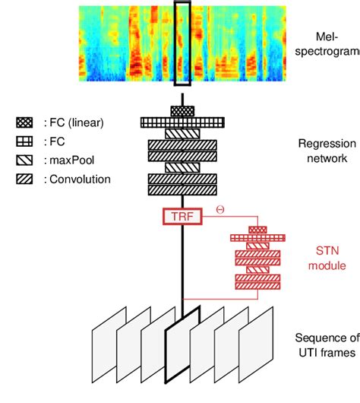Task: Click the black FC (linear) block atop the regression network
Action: click(x=182, y=111)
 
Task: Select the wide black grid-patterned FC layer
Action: click(x=182, y=122)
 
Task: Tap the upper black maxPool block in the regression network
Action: click(x=182, y=133)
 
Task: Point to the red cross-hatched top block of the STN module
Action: click(x=258, y=229)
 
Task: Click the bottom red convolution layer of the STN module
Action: click(x=258, y=286)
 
